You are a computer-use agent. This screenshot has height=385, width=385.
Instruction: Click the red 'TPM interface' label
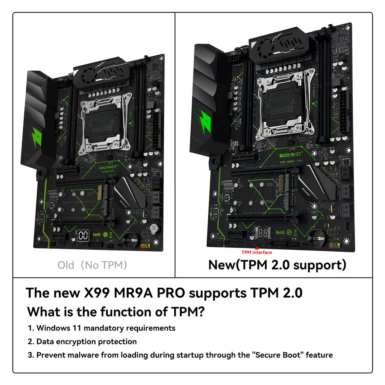[x=256, y=252]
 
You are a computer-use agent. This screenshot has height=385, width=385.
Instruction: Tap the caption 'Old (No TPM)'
[x=92, y=265]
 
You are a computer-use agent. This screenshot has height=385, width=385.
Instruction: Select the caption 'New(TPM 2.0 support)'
[x=277, y=265]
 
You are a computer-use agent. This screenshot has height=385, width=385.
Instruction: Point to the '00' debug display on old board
[x=83, y=235]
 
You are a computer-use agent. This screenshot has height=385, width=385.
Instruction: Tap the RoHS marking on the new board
[x=280, y=232]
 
